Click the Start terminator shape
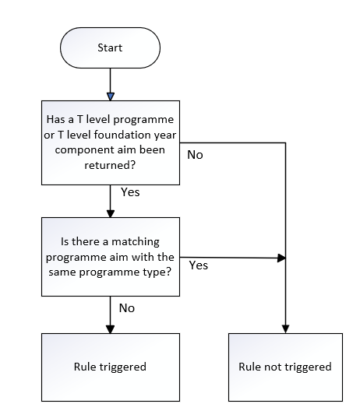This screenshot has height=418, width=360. (x=110, y=47)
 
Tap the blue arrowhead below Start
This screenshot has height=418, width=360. (x=111, y=97)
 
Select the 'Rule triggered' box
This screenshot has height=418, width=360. (x=111, y=367)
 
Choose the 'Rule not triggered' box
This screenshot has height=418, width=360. (x=285, y=367)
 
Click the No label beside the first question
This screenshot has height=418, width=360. (x=195, y=155)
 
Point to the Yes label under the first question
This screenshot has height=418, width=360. (x=130, y=192)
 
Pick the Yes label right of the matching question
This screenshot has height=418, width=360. (x=199, y=265)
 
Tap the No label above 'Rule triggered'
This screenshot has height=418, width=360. (x=127, y=308)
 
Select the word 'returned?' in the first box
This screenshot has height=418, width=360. (x=110, y=165)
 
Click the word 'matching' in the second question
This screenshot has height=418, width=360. (x=136, y=241)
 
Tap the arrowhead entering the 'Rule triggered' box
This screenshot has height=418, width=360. (x=110, y=329)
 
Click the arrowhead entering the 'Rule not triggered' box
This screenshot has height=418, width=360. (x=285, y=329)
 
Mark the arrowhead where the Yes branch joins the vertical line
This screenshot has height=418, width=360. (x=281, y=258)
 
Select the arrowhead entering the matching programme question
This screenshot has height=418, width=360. (x=111, y=214)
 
